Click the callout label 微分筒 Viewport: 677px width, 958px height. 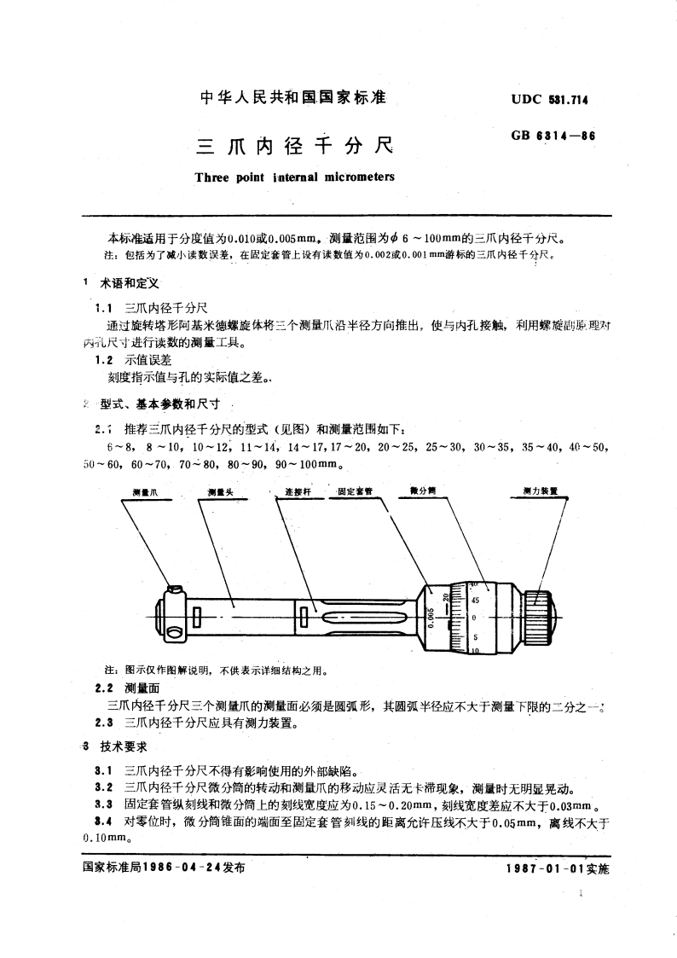pos(423,492)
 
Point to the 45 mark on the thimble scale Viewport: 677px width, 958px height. pos(475,600)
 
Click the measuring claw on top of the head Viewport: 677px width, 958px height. pos(175,588)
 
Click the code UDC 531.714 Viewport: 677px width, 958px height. pos(549,99)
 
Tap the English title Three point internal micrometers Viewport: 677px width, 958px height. pos(294,178)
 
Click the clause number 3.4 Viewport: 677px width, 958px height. pos(104,822)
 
